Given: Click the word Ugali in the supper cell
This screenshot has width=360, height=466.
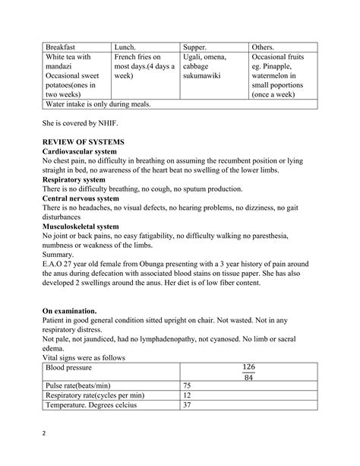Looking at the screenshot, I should (195, 56).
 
